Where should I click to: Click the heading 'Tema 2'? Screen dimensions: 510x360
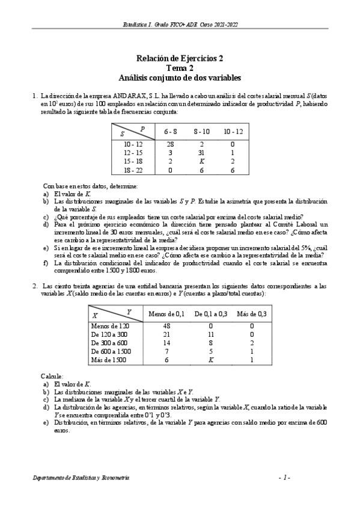(180, 68)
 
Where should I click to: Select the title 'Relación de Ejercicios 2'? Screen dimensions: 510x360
(180, 58)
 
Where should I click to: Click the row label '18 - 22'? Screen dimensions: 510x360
(133, 170)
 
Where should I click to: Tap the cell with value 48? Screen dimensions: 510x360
(168, 325)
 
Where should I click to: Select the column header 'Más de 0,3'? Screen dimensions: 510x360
(252, 314)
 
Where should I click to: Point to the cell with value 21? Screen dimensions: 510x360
(168, 334)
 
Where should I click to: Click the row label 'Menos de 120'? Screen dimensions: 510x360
(109, 325)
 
